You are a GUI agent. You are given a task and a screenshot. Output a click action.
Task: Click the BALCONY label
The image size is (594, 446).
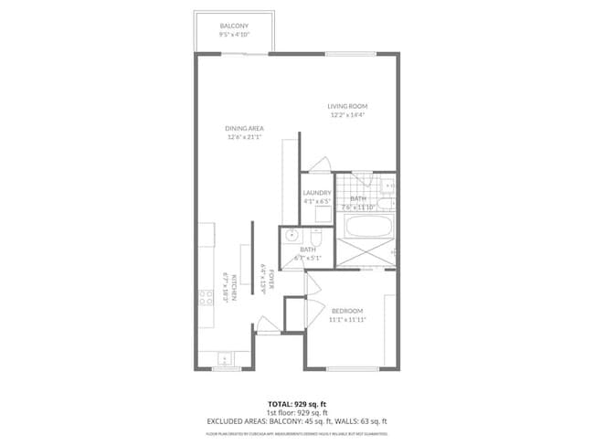(235, 26)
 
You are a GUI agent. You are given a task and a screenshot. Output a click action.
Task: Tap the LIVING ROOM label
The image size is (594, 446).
(347, 107)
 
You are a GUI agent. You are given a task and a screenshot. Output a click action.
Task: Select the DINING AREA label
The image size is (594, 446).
(244, 129)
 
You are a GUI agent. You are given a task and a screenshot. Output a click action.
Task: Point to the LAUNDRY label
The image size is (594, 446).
(317, 193)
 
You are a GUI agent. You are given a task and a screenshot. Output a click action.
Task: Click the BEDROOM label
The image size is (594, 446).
(347, 311)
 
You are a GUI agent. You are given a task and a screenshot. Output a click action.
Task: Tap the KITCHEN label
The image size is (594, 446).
(235, 288)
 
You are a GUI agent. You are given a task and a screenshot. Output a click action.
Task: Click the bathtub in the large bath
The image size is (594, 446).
(364, 227)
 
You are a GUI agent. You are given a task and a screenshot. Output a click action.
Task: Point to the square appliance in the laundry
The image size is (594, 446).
(324, 215)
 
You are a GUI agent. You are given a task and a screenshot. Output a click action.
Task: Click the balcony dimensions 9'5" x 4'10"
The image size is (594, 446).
(235, 34)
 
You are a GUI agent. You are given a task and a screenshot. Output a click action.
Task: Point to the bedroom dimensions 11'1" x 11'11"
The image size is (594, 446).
(347, 320)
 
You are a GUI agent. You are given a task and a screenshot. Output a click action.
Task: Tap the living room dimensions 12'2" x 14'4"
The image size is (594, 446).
(347, 116)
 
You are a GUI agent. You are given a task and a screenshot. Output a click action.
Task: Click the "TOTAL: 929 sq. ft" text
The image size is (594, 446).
(296, 403)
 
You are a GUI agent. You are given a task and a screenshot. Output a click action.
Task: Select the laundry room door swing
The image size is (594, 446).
(319, 164)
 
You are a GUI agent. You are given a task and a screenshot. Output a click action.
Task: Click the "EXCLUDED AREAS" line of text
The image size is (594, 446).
(296, 420)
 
